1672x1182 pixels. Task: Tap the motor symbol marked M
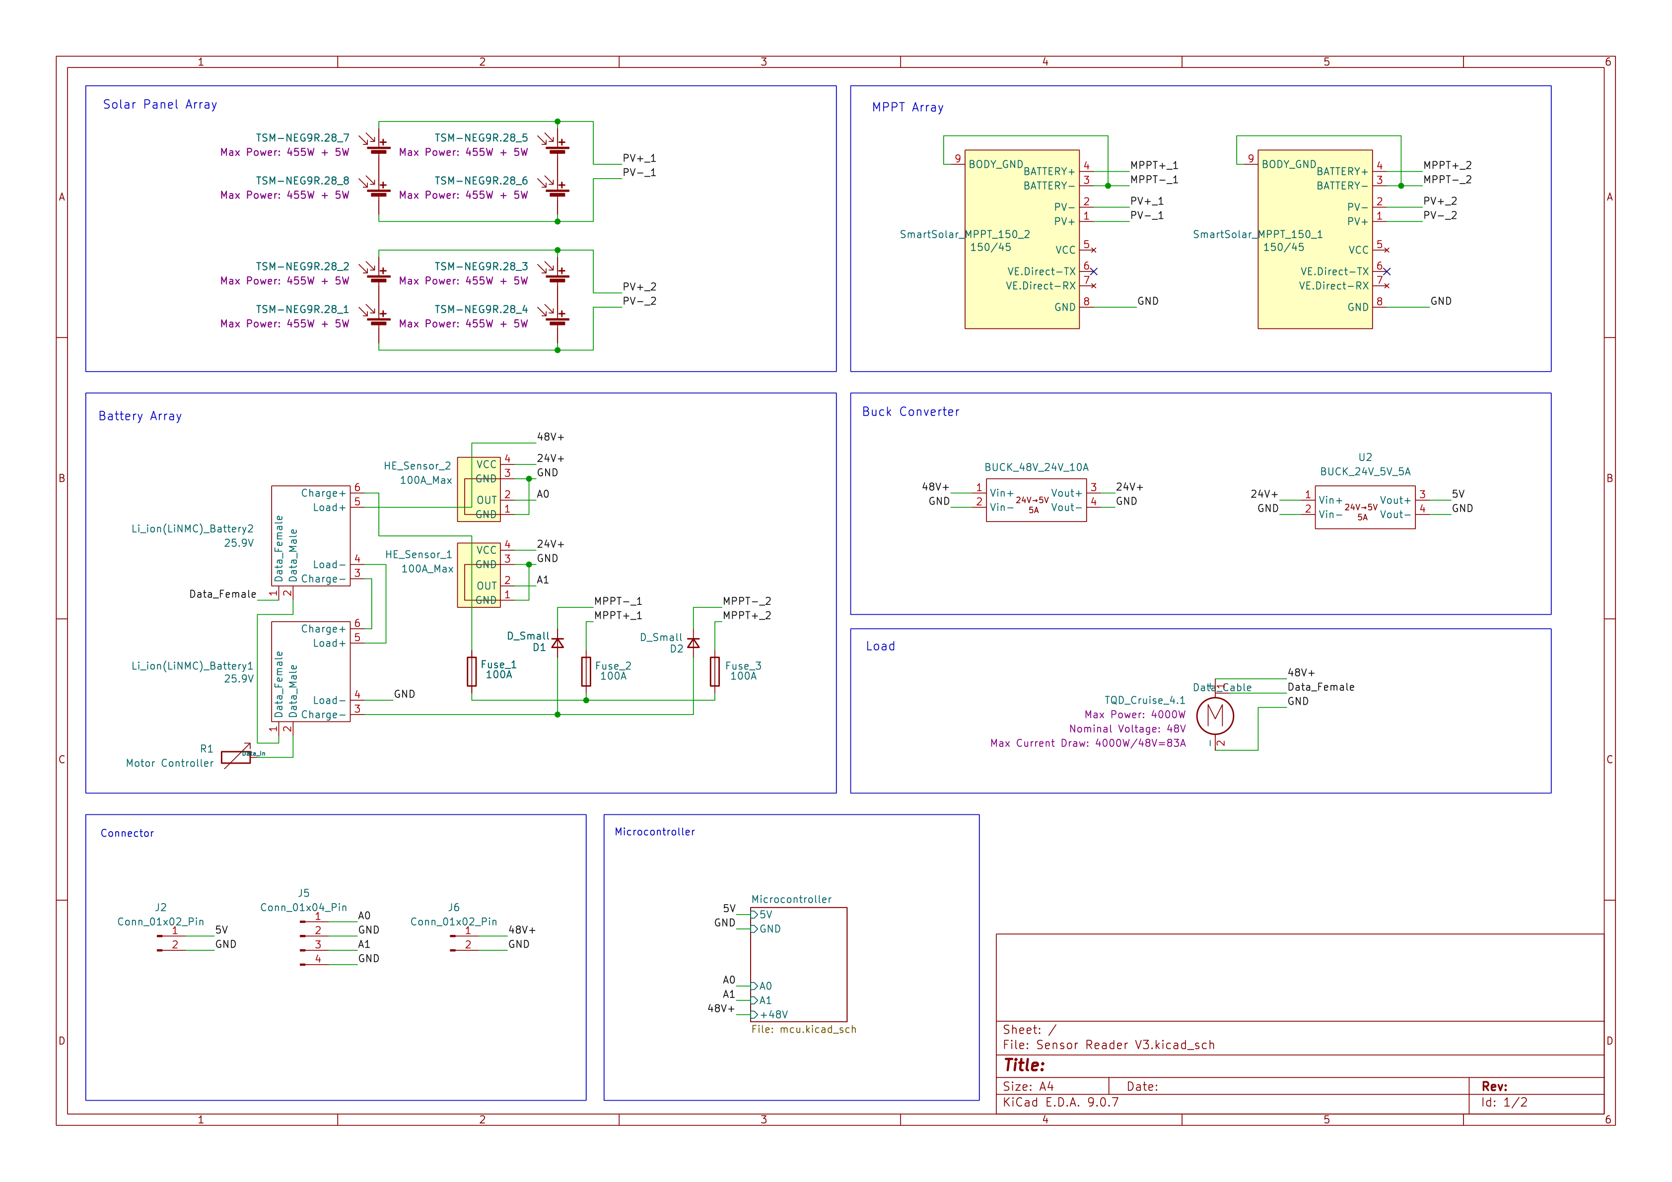click(x=1215, y=716)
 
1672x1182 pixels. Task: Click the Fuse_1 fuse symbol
click(x=472, y=671)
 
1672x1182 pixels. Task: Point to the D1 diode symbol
click(x=558, y=644)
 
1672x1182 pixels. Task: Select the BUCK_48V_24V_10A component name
click(x=1036, y=467)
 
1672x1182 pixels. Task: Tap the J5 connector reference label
click(x=304, y=893)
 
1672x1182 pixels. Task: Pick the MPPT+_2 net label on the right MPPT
click(x=1447, y=165)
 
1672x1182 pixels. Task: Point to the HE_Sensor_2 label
click(x=418, y=466)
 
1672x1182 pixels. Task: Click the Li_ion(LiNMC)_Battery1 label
click(x=192, y=666)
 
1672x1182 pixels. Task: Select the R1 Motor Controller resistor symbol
click(x=236, y=757)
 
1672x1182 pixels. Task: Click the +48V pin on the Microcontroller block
click(x=773, y=1015)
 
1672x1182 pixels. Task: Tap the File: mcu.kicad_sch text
click(x=803, y=1029)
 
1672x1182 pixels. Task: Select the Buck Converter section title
click(x=910, y=412)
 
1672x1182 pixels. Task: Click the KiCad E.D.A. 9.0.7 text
click(x=1060, y=1102)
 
